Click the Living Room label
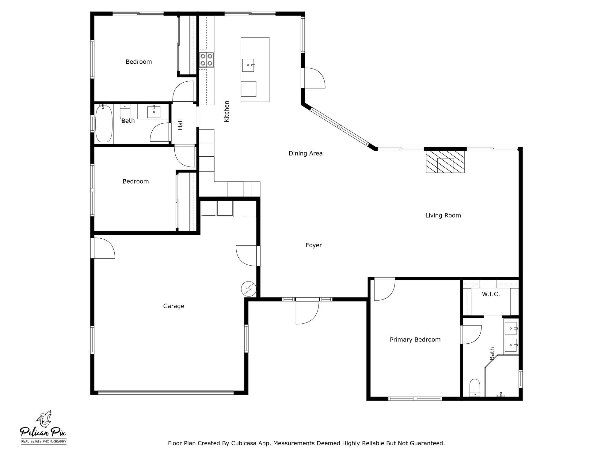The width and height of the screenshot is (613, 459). click(x=443, y=215)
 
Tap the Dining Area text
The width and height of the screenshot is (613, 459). click(x=306, y=153)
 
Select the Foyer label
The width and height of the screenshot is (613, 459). click(x=314, y=245)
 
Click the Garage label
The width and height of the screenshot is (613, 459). click(x=173, y=306)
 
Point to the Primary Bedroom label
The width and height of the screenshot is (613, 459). click(x=415, y=339)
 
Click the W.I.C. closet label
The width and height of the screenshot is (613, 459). click(x=491, y=294)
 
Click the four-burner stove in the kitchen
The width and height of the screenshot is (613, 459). click(x=206, y=60)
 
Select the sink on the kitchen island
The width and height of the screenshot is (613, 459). click(x=248, y=65)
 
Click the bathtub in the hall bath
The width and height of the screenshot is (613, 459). click(x=104, y=123)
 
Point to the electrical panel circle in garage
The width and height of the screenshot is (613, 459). click(x=249, y=289)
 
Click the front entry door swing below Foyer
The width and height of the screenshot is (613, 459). click(x=306, y=312)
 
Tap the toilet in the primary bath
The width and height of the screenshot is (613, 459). click(x=475, y=388)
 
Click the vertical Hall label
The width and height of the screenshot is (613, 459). click(x=180, y=125)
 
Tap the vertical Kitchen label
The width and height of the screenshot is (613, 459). click(x=227, y=112)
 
